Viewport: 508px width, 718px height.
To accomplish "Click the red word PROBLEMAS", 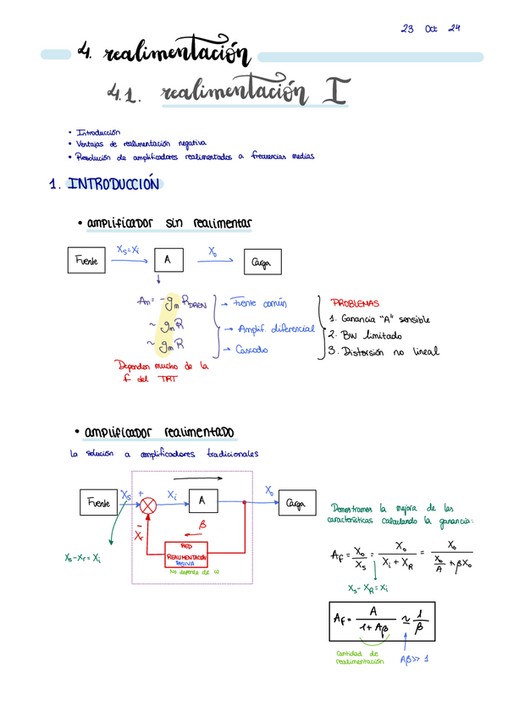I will tap(354, 303).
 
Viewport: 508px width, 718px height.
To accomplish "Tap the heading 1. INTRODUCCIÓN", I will tap(104, 184).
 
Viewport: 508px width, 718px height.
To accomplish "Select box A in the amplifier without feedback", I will tap(168, 261).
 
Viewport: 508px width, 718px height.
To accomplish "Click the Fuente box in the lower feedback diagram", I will tap(98, 502).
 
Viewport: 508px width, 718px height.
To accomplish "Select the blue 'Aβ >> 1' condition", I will tap(417, 659).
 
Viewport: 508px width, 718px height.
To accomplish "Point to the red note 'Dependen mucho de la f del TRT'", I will tap(166, 372).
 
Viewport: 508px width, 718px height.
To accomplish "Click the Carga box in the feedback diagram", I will tap(296, 502).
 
